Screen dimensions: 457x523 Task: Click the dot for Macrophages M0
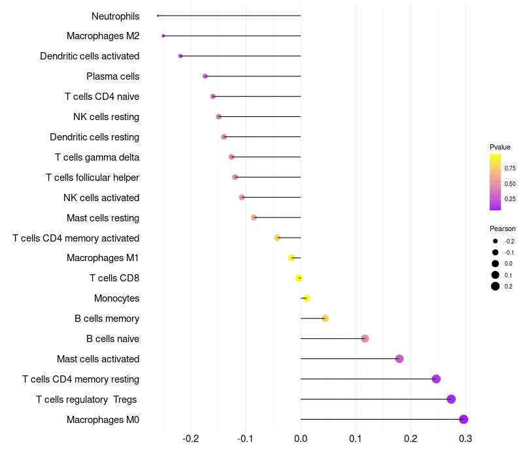coord(464,419)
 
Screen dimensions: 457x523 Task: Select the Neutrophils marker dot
coord(158,16)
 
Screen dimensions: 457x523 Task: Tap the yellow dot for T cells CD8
coord(299,278)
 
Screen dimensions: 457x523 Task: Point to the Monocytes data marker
coord(306,298)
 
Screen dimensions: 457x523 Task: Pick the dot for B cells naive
coord(365,339)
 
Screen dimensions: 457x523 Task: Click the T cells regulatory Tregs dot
coord(451,399)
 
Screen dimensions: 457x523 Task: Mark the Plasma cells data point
coord(205,76)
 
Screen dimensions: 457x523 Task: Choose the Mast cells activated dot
coord(399,359)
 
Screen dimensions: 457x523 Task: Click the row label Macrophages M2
coord(103,36)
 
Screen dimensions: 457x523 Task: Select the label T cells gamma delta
coord(97,157)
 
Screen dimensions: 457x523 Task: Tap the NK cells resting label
coord(106,117)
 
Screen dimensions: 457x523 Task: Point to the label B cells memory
coord(107,319)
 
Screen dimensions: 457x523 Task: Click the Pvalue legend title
coord(500,147)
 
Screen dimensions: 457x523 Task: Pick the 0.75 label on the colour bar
coord(510,168)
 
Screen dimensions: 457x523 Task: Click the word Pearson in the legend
coord(503,228)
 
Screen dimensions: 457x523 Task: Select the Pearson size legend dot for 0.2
coord(496,286)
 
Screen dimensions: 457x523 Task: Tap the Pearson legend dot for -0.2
coord(496,242)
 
